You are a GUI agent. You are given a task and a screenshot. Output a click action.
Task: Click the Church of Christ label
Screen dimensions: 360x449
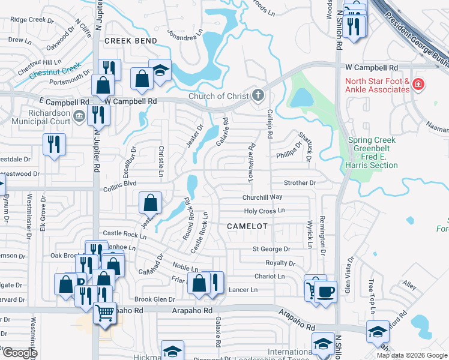[218, 96]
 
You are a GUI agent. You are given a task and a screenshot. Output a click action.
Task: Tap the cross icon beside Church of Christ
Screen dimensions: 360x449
[258, 95]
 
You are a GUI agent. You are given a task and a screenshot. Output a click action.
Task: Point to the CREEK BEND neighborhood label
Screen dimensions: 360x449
[130, 41]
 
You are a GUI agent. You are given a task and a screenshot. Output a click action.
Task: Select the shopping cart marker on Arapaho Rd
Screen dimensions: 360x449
[105, 313]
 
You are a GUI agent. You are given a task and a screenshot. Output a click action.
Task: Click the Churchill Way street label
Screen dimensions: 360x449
[262, 197]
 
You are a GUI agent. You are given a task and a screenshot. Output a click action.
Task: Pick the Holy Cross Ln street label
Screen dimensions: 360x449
[264, 211]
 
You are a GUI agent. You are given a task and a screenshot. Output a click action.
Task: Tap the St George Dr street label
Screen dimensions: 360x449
[271, 249]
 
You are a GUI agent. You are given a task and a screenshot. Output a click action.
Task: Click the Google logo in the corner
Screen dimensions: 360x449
[19, 352]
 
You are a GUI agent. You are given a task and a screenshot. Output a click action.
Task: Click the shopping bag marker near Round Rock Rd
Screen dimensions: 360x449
[151, 203]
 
